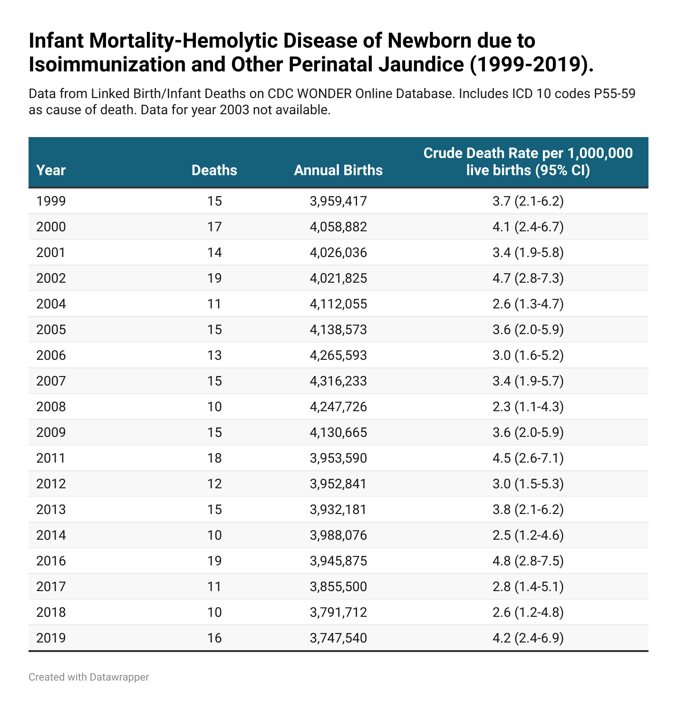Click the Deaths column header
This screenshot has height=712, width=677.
click(214, 170)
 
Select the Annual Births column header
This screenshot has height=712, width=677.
click(338, 170)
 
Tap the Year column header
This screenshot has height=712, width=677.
click(51, 170)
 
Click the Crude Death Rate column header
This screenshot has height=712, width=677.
click(528, 161)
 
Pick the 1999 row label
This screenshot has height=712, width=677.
click(51, 201)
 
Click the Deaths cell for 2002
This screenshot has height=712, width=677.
click(214, 278)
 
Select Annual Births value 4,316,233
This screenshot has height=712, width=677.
click(338, 381)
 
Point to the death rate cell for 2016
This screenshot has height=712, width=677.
click(528, 561)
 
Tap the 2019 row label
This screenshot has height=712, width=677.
click(51, 638)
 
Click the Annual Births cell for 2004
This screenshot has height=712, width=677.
click(338, 304)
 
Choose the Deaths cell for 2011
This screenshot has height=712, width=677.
click(214, 458)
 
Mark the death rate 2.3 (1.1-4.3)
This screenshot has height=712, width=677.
click(528, 407)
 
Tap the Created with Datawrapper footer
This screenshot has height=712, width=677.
click(88, 677)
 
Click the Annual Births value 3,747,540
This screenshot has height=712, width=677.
click(338, 638)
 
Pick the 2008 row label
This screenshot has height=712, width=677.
click(51, 407)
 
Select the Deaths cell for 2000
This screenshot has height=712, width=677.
click(214, 227)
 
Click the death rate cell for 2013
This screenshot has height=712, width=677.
click(528, 510)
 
